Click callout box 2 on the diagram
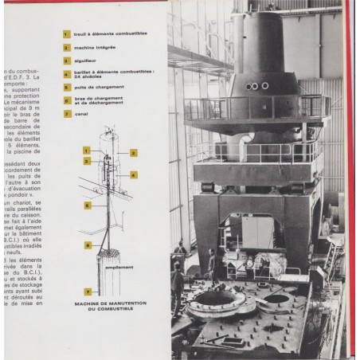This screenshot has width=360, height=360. tap(133, 151)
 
